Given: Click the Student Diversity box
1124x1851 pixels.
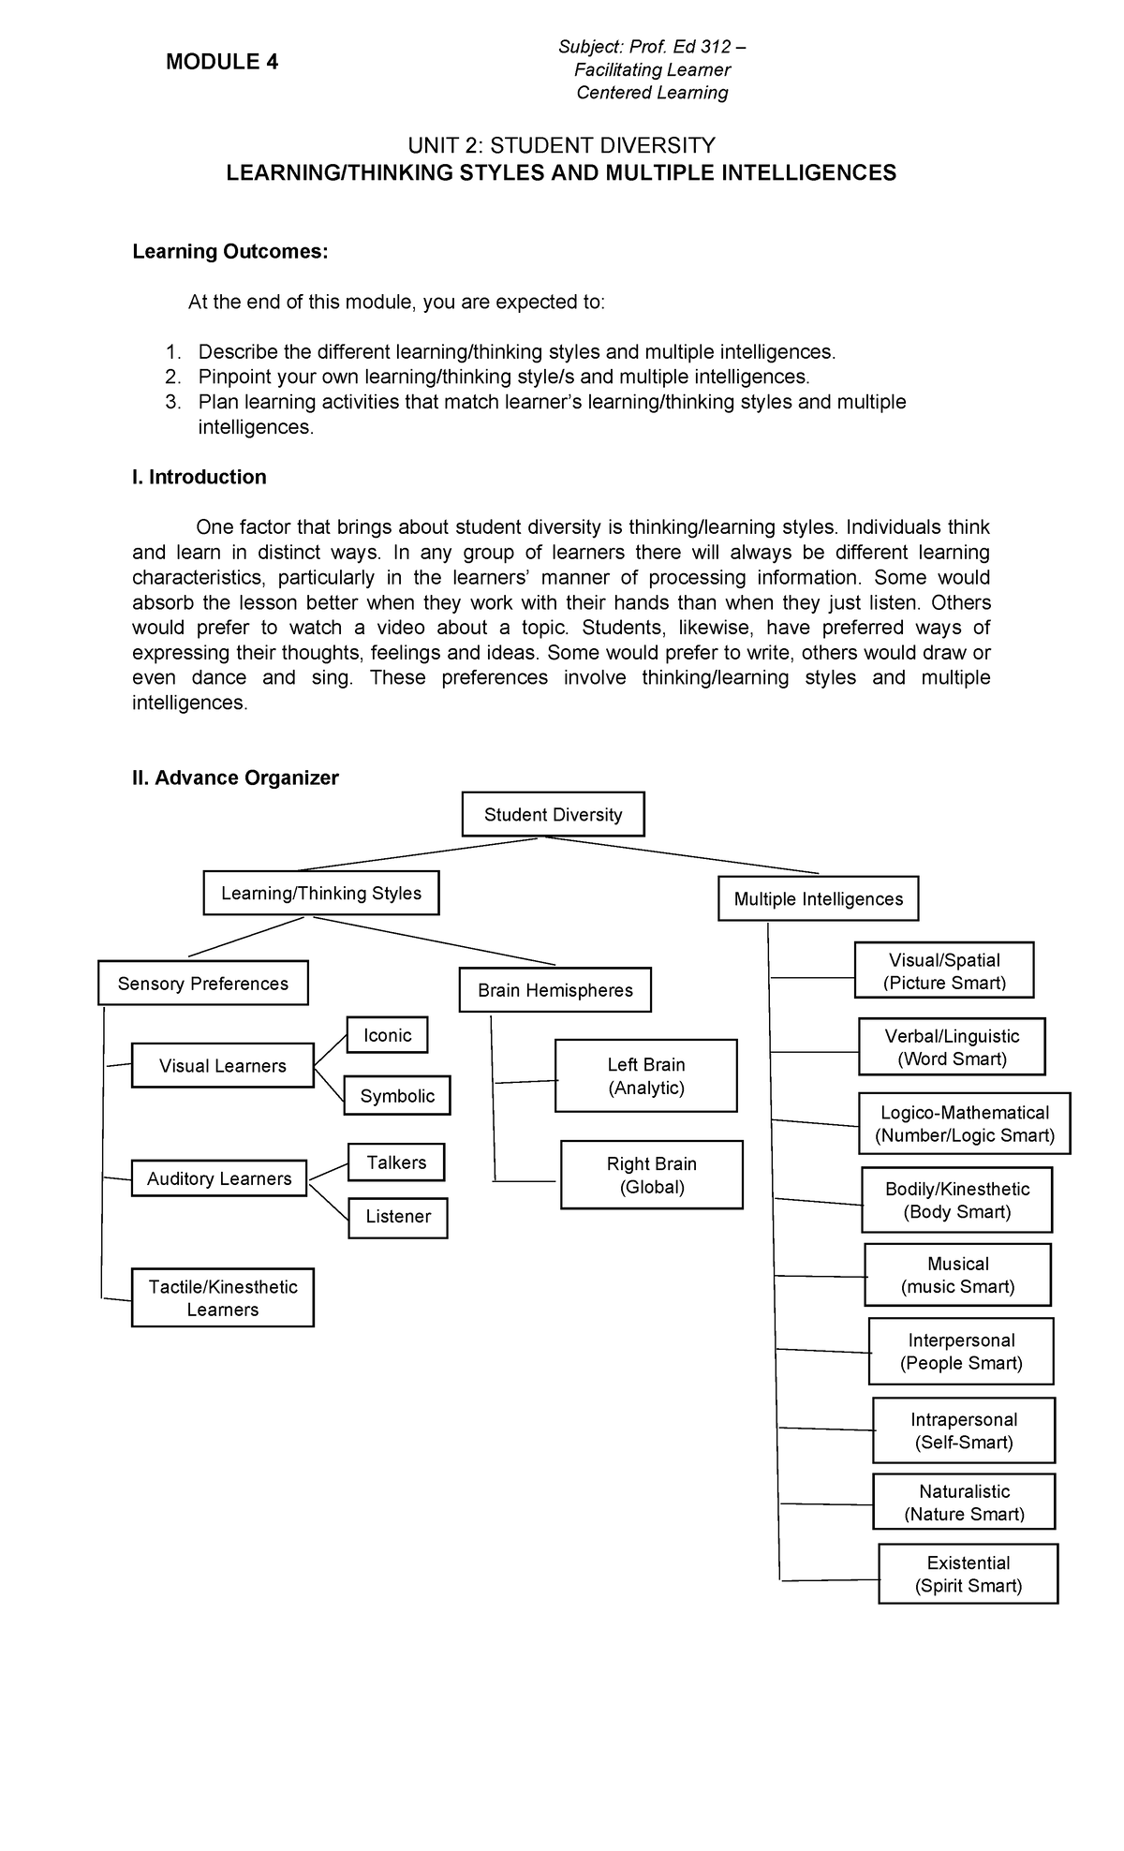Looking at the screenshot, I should point(553,814).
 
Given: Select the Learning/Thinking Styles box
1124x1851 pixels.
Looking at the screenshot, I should point(320,893).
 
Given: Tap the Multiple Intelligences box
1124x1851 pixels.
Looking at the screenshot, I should point(818,898).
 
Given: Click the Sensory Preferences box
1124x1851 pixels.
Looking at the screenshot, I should point(202,983).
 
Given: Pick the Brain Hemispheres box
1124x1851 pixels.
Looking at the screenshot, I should point(555,990).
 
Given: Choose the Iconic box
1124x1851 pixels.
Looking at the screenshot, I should point(387,1035).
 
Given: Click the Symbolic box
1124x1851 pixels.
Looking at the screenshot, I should point(397,1095).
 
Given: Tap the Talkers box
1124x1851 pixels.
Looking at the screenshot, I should point(395,1162).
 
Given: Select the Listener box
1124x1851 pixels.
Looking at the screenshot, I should point(397,1217).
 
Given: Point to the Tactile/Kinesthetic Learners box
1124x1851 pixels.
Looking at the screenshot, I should point(222,1297).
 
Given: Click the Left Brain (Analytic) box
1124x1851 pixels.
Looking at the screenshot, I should point(645,1075).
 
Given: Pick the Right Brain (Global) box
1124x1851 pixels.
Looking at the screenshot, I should point(651,1175).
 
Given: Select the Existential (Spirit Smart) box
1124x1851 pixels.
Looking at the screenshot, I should point(968,1574).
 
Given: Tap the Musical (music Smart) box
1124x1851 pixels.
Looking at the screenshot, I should point(957,1275).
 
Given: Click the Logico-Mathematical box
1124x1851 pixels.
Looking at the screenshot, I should point(964,1123).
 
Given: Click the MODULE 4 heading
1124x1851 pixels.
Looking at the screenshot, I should point(221,62).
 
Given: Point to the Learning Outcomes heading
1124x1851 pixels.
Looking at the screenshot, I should point(230,251).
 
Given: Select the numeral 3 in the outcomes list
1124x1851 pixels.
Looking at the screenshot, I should point(170,402).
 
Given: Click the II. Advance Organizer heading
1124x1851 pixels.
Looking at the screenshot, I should point(235,777).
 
